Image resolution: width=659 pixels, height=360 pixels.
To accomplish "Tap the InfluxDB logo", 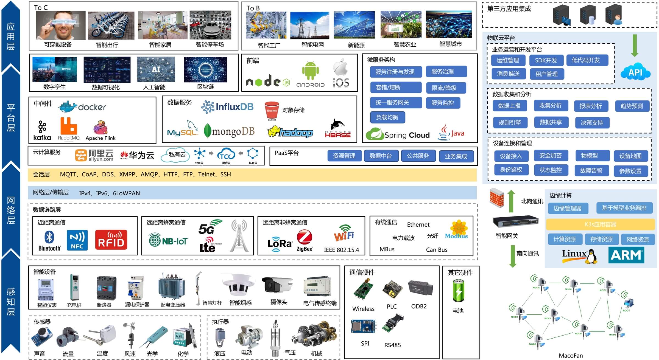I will coord(227,107).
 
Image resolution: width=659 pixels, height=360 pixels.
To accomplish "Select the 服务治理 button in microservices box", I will coord(446,72).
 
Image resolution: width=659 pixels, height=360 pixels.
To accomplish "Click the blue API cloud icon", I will coord(635,72).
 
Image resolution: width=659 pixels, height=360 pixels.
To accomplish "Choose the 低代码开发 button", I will coord(587,60).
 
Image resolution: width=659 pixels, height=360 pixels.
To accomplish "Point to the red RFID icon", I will coord(111,240).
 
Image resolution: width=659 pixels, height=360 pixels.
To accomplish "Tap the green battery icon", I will coord(458,291).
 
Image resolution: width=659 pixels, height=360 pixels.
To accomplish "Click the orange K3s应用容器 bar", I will coord(600,224).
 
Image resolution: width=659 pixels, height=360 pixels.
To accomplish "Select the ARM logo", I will coord(626,255).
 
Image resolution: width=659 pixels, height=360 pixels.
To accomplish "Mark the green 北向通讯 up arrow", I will coord(511,201).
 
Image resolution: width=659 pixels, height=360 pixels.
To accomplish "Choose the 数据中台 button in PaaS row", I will coord(381,156).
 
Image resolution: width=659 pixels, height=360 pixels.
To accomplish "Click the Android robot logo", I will coord(310,70).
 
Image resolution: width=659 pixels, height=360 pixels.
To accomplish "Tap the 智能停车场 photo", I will coord(210,25).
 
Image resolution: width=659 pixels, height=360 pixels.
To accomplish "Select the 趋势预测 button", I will coord(632,106).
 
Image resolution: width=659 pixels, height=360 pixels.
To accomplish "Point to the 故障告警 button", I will coord(591,170).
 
